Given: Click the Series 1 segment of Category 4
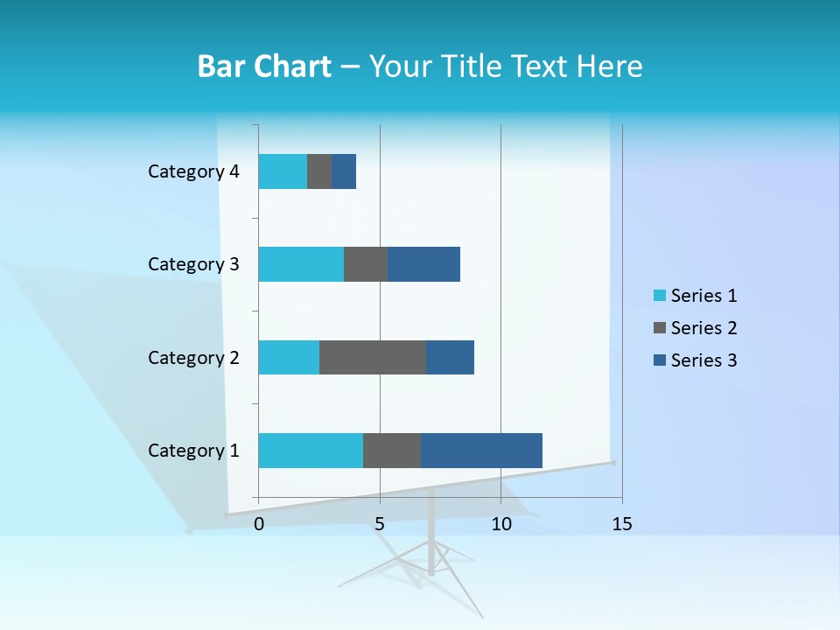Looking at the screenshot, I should [x=283, y=171].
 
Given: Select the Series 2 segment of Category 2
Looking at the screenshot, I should [x=373, y=357].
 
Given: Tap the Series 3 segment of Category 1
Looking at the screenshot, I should [x=481, y=450].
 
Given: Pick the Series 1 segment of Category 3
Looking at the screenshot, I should [x=301, y=264].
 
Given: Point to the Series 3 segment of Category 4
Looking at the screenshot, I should [x=344, y=171].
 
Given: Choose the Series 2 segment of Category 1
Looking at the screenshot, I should [x=392, y=450].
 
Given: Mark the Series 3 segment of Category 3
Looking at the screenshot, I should [x=423, y=264].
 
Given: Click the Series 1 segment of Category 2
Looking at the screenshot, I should [x=289, y=357].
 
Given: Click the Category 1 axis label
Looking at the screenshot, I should [x=193, y=451].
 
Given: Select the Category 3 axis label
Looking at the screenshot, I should [x=193, y=264].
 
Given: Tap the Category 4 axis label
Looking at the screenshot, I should [x=193, y=171].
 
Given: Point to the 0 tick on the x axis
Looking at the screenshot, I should [x=259, y=524].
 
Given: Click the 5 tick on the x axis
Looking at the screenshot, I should [x=380, y=524].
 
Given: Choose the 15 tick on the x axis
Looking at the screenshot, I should [x=621, y=524].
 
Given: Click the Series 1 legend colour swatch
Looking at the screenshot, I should [x=659, y=296].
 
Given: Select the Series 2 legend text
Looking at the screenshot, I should [x=703, y=328].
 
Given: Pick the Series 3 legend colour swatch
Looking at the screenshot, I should [x=659, y=360].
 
